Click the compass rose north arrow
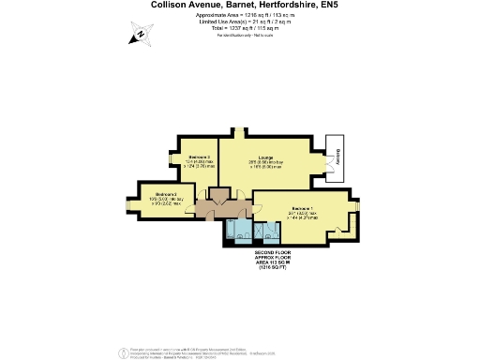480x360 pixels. [140, 37]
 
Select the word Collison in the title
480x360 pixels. [175, 5]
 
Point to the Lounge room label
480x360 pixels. [264, 158]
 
